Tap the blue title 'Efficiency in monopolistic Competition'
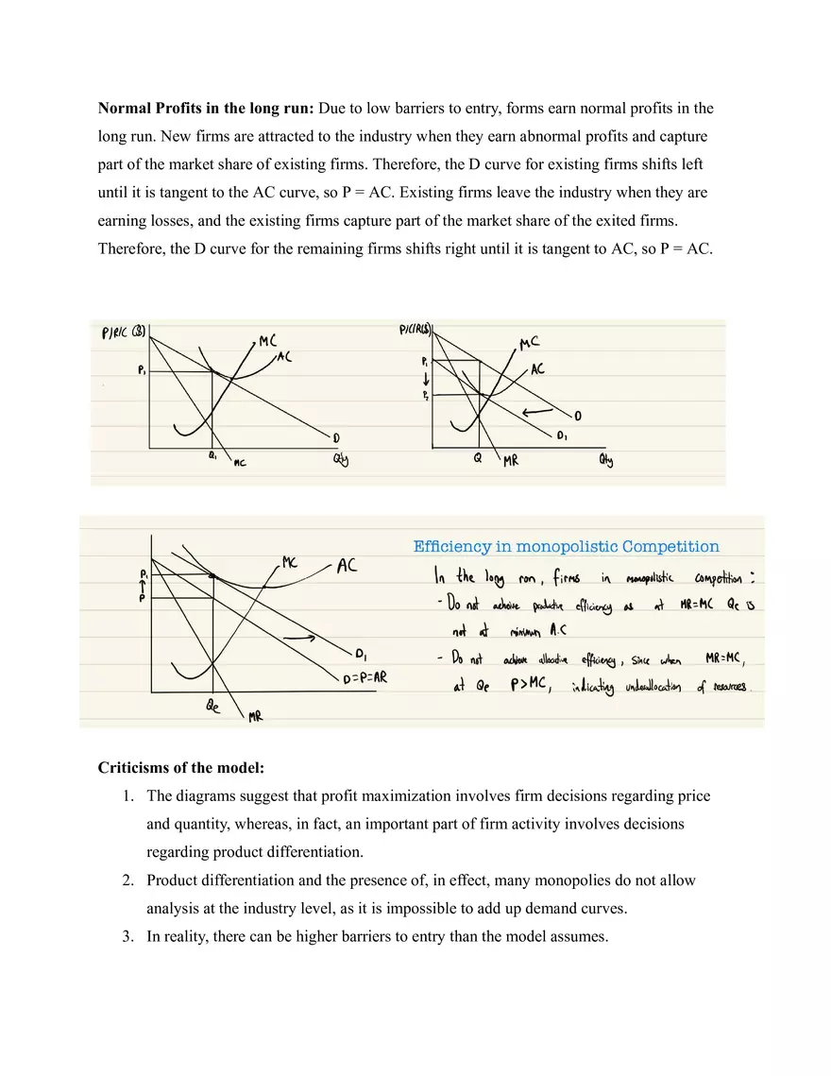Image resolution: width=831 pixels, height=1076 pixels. (x=566, y=546)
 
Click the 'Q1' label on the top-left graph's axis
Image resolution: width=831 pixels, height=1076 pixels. (x=213, y=455)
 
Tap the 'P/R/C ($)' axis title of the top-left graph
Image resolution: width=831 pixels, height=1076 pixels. (x=123, y=333)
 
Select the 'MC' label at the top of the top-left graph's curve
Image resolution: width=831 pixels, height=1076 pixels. (x=268, y=342)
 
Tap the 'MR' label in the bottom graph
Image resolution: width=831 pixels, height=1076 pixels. (x=254, y=718)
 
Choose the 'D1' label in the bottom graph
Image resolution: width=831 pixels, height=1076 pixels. (x=361, y=653)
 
